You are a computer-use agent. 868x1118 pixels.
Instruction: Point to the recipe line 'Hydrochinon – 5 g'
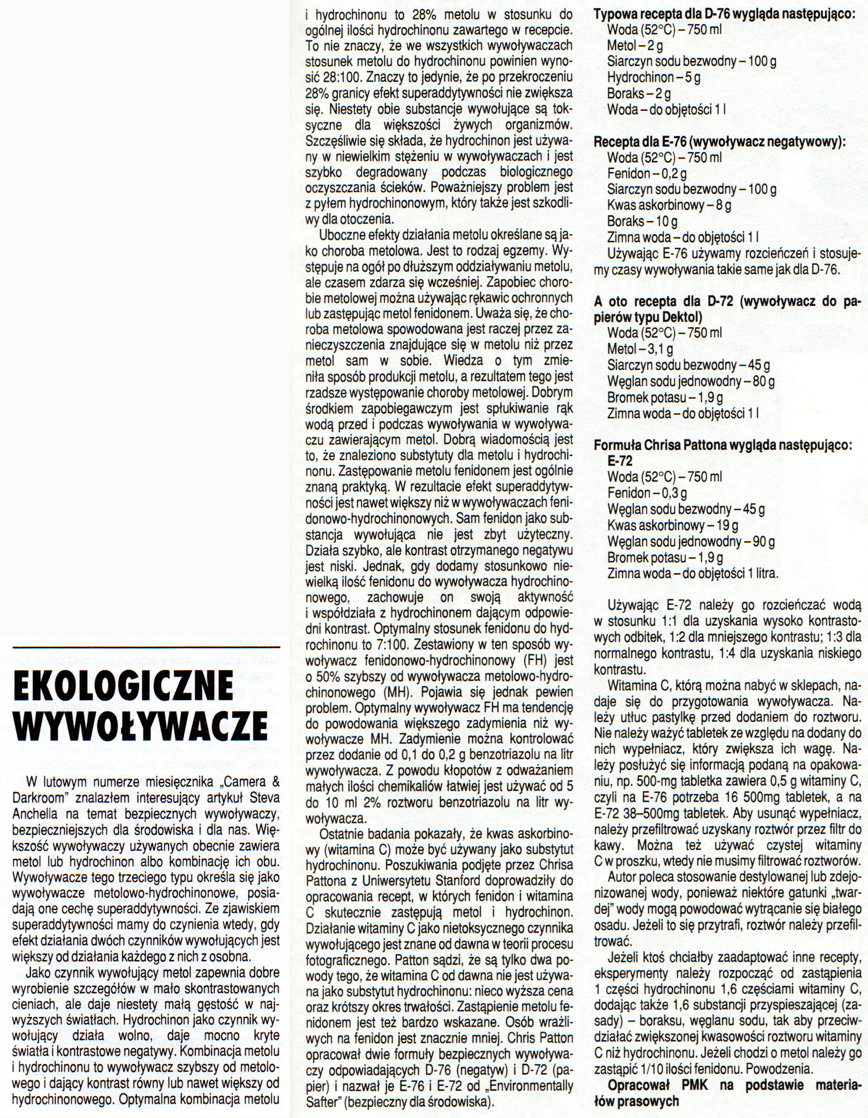[x=654, y=78]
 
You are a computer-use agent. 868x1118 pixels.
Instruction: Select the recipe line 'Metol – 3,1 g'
[x=640, y=349]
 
